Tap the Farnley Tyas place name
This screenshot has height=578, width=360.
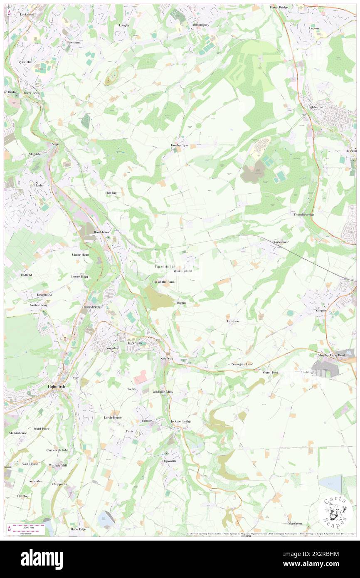[180, 145]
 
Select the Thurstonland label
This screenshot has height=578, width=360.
[182, 271]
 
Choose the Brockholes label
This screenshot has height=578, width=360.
[102, 232]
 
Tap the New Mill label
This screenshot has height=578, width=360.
[166, 358]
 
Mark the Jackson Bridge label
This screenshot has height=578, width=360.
[181, 421]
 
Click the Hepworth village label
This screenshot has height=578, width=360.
[169, 461]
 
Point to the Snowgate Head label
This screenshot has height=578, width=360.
[242, 364]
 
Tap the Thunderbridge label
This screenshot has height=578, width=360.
[304, 215]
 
